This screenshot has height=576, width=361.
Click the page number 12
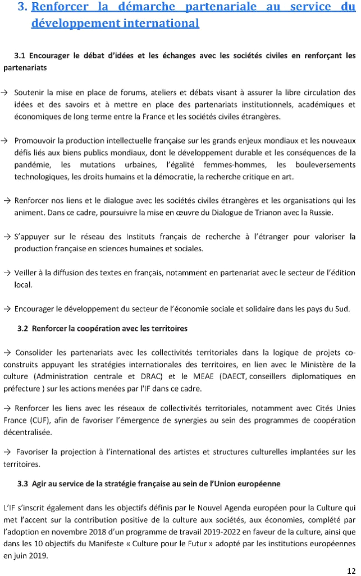click(351, 568)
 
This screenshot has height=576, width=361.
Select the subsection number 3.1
click(20, 56)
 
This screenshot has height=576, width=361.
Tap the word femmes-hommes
click(239, 164)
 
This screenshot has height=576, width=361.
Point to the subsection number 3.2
click(22, 328)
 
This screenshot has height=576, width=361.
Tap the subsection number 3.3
click(22, 483)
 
